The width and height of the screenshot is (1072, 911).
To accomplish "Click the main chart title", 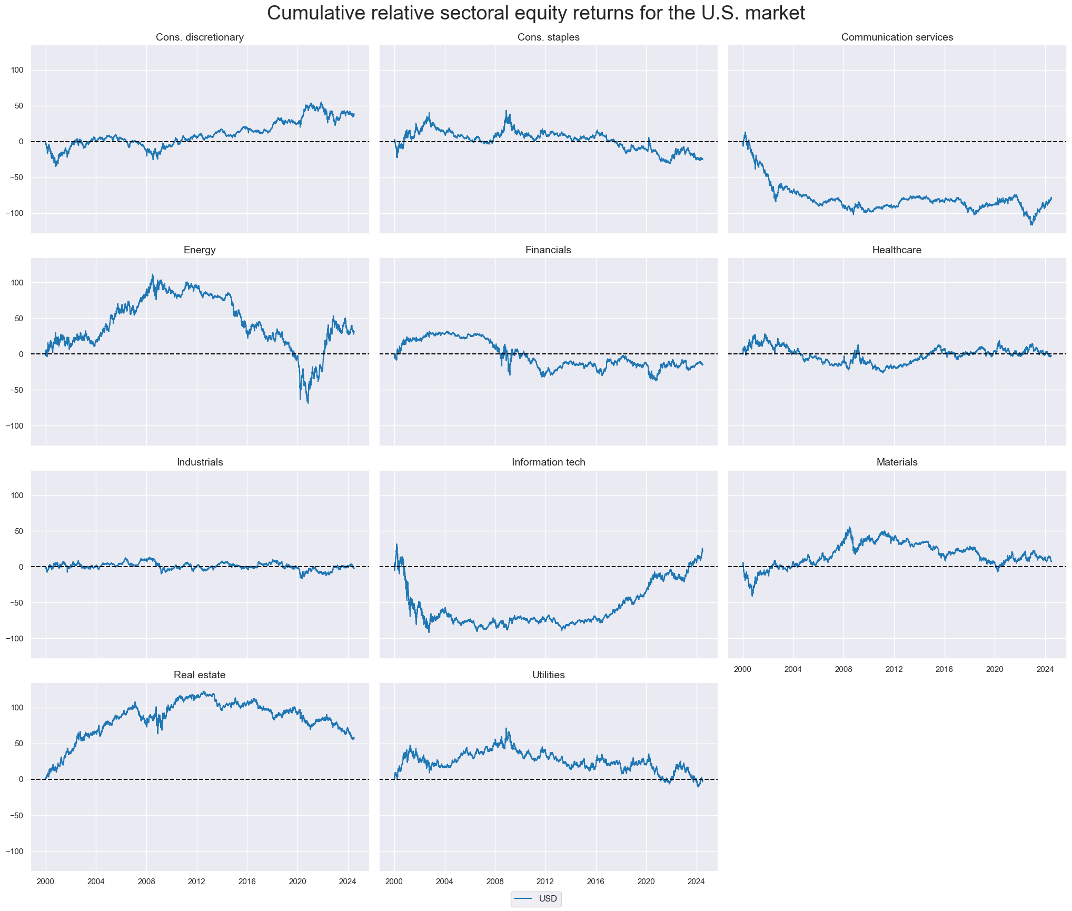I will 536,14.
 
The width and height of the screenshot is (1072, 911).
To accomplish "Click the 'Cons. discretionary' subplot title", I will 200,37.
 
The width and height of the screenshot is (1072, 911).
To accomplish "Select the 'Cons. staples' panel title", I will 548,37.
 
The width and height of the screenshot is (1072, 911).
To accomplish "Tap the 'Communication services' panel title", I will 897,37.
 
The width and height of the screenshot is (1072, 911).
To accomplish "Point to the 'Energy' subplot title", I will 200,250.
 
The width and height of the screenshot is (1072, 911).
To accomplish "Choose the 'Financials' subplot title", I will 548,250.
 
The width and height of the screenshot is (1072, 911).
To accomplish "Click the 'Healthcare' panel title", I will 897,250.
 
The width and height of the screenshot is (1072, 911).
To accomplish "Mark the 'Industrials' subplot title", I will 200,462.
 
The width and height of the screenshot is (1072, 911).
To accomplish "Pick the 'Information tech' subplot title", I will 548,462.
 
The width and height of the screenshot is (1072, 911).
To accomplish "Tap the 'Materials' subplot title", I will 897,462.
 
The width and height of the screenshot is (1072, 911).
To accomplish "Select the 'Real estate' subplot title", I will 200,675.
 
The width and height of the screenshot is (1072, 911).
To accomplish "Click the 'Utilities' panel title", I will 548,675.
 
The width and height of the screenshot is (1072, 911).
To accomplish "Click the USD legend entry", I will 536,898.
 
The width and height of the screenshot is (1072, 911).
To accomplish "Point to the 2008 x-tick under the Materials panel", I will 843,669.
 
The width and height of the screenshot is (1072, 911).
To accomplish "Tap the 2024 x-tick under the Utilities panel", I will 696,882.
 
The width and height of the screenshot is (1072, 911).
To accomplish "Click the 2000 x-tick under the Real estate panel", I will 46,882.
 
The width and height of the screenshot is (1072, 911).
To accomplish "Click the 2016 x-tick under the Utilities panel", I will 595,882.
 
